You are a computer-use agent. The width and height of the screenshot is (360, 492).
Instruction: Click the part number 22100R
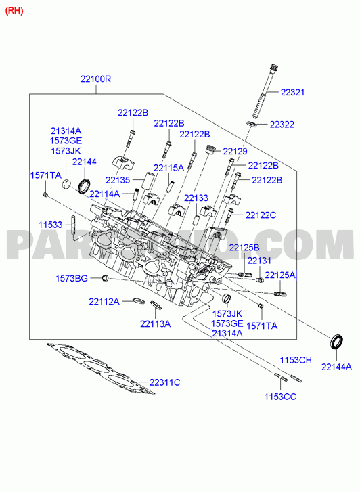pos(95,79)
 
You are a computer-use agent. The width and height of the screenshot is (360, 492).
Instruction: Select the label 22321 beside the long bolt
pos(292,92)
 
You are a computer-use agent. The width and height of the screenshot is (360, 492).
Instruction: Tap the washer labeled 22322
pos(252,125)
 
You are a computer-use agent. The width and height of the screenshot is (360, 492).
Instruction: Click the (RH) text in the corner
pos(14,11)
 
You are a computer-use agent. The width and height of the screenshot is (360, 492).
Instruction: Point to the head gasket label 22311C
pos(165,382)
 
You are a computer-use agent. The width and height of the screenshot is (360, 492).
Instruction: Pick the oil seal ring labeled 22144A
pos(336,341)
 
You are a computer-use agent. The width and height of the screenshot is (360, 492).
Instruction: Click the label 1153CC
pos(280,397)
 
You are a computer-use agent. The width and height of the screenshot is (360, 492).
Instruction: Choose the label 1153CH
pos(296,360)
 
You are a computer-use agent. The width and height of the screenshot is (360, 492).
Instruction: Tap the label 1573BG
pos(72,278)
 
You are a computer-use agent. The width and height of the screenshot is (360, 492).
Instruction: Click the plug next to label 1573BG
pos(105,278)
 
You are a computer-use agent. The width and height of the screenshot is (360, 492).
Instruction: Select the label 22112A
pos(104,302)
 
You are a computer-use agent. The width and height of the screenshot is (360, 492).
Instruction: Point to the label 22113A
pos(156,323)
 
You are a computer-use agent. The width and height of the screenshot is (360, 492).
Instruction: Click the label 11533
pos(51,225)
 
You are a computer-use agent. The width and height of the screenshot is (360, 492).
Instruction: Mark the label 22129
pos(235,151)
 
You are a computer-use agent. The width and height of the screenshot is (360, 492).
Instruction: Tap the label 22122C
pos(261,215)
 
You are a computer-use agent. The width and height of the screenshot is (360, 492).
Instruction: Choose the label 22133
pos(196,198)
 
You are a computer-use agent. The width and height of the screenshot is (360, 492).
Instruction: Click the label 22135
pos(118,180)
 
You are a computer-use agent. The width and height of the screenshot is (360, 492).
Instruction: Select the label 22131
pos(259,261)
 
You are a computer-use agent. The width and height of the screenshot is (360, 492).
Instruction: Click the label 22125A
pos(280,275)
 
